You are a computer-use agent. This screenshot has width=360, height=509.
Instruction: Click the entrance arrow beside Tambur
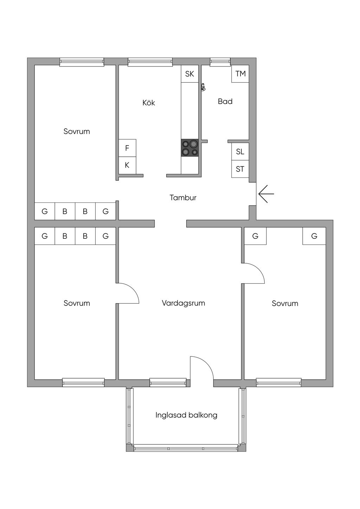pos(266,194)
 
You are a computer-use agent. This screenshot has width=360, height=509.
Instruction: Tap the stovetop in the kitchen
pos(189,148)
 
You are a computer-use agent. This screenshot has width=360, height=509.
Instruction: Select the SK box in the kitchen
pos(189,74)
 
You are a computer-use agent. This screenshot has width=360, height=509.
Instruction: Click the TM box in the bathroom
pos(240,74)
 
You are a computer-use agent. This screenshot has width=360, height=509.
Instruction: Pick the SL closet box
pos(240,152)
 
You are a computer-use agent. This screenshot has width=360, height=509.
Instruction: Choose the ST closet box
pos(240,169)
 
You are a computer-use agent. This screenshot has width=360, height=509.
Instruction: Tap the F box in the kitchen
pos(127,148)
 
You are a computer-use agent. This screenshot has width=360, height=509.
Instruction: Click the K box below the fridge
pos(127,165)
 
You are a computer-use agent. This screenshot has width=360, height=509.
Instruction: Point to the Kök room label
pos(149,103)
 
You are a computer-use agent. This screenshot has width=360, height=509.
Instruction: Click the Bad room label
pos(225,102)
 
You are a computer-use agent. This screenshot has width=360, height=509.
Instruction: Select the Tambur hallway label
pos(183,198)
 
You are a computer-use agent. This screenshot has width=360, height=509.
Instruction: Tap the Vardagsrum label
pos(183,303)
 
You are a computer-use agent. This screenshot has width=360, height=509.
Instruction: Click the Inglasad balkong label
pos(186,415)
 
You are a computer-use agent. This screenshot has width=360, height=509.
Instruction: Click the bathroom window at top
pos(220,62)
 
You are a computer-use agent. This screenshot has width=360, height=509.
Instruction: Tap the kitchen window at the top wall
pos(150,62)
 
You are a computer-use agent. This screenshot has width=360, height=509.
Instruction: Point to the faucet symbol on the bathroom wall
pos(203,87)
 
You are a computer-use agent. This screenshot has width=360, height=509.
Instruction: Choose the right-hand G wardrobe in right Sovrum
pos(314,236)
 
